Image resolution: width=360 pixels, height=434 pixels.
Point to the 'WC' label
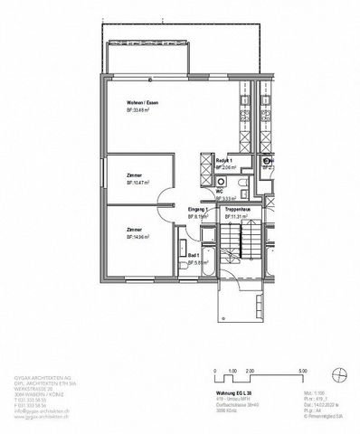(220, 191)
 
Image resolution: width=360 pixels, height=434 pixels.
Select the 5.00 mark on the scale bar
(303, 370)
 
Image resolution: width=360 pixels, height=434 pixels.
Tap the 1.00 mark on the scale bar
(231, 370)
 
